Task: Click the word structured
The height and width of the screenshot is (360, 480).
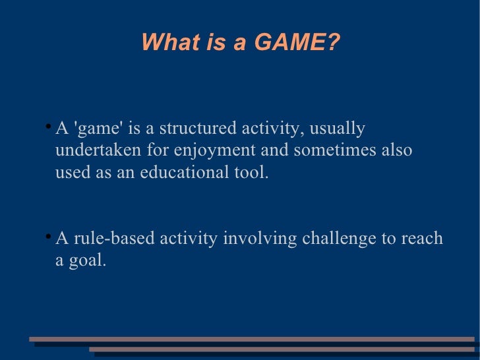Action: tap(196, 128)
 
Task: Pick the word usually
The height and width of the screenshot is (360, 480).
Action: tap(337, 128)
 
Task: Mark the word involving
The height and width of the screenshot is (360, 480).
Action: tap(260, 239)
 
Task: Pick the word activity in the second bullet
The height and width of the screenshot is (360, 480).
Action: tap(188, 239)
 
